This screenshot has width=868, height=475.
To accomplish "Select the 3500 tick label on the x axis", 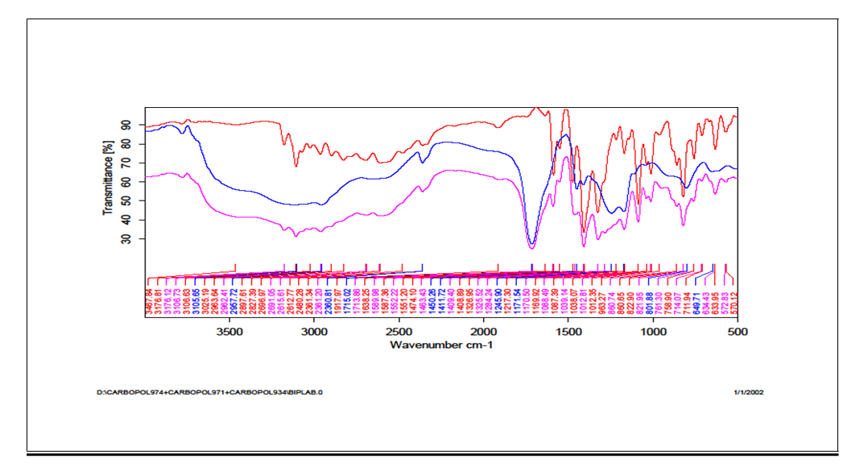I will point(229,331).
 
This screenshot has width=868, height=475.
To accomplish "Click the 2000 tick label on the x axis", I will point(483,331).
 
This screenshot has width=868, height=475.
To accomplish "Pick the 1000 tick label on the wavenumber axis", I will point(652,331).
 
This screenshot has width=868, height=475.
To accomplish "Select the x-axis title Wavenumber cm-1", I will point(440,345).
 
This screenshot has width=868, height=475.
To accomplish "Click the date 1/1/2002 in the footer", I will point(748,393).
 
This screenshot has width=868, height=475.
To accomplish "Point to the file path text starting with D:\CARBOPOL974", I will point(210,393).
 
